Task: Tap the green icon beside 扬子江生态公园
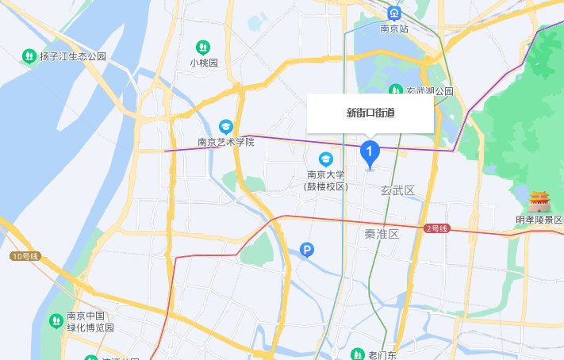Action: pyautogui.click(x=29, y=56)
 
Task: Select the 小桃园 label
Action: pyautogui.click(x=204, y=63)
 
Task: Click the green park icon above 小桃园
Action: pyautogui.click(x=204, y=47)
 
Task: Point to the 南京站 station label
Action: pyautogui.click(x=393, y=29)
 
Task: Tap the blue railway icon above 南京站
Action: pyautogui.click(x=393, y=13)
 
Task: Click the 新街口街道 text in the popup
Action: pyautogui.click(x=370, y=113)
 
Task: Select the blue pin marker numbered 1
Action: pyautogui.click(x=370, y=151)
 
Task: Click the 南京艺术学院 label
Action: pyautogui.click(x=226, y=143)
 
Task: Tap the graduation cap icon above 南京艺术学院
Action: pyautogui.click(x=226, y=126)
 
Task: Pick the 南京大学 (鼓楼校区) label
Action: pyautogui.click(x=326, y=181)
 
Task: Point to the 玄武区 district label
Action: pyautogui.click(x=398, y=191)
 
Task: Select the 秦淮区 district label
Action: pyautogui.click(x=382, y=235)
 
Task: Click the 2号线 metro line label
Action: pyautogui.click(x=437, y=228)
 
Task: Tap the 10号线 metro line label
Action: pyautogui.click(x=25, y=255)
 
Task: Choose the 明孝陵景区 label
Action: pyautogui.click(x=539, y=220)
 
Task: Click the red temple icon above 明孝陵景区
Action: pyautogui.click(x=539, y=201)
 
